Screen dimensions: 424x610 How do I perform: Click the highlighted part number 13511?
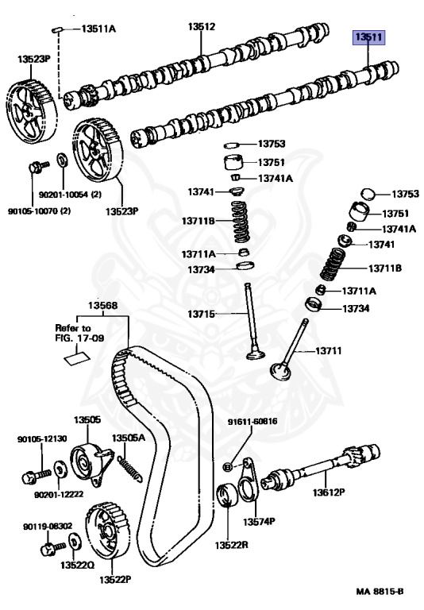pos(368,37)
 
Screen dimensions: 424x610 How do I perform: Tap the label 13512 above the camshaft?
pos(202,26)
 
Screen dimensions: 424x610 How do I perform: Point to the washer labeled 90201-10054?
pos(62,159)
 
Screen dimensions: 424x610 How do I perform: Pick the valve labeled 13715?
pos(252,321)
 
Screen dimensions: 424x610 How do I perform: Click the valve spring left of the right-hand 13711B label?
pos(333,264)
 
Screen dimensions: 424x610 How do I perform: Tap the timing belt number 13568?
pos(102,305)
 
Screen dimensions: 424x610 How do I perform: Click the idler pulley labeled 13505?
pos(91,463)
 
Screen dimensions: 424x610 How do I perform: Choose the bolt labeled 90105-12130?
pos(37,475)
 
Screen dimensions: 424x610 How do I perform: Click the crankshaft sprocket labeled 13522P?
pos(106,531)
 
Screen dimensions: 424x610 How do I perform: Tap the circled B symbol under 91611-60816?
pos(229,467)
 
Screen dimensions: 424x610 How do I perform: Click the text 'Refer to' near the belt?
pos(73,327)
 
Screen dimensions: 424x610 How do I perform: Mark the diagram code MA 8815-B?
pos(380,591)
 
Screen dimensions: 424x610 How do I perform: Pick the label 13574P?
pos(259,522)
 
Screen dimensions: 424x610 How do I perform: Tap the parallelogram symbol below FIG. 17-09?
pos(77,359)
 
